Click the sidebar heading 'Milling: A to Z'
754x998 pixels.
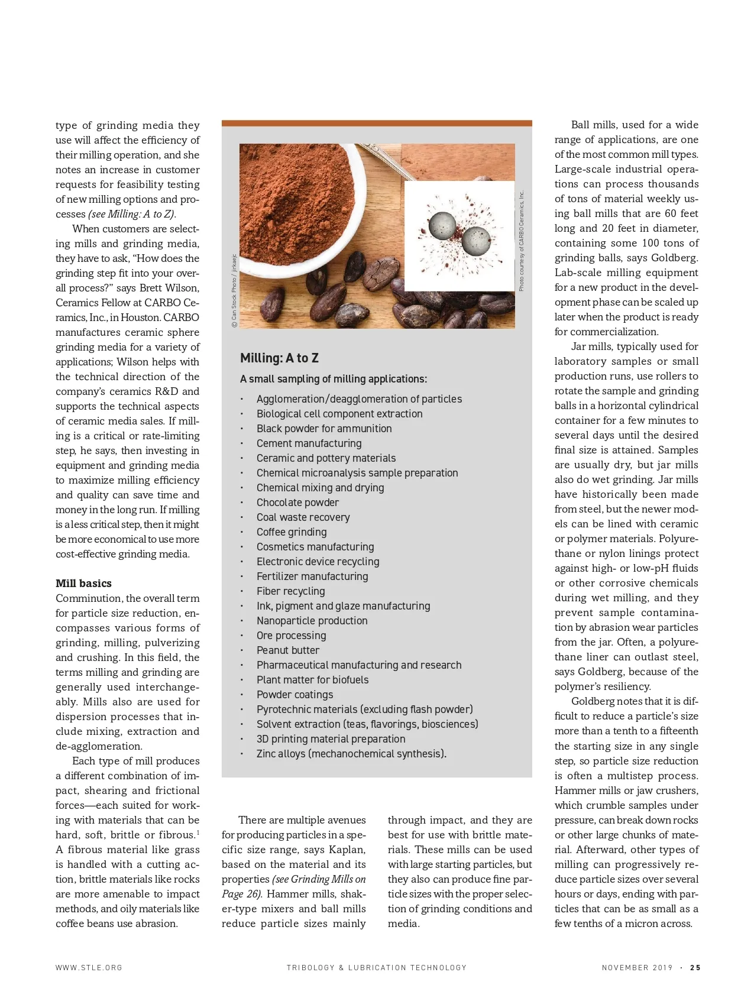279,358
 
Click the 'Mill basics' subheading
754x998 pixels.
83,583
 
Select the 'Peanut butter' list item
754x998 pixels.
287,650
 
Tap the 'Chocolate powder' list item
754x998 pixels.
297,502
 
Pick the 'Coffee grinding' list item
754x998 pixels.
291,532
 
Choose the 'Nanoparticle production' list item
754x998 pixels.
312,620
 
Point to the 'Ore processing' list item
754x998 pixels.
291,635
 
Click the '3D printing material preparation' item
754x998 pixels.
331,738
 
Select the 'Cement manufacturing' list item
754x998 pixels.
309,443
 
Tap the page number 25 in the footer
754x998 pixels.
695,968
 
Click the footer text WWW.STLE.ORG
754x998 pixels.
89,968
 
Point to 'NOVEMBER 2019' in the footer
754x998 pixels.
637,968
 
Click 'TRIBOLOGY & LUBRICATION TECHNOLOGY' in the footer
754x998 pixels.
377,968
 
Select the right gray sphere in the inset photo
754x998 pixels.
476,239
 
